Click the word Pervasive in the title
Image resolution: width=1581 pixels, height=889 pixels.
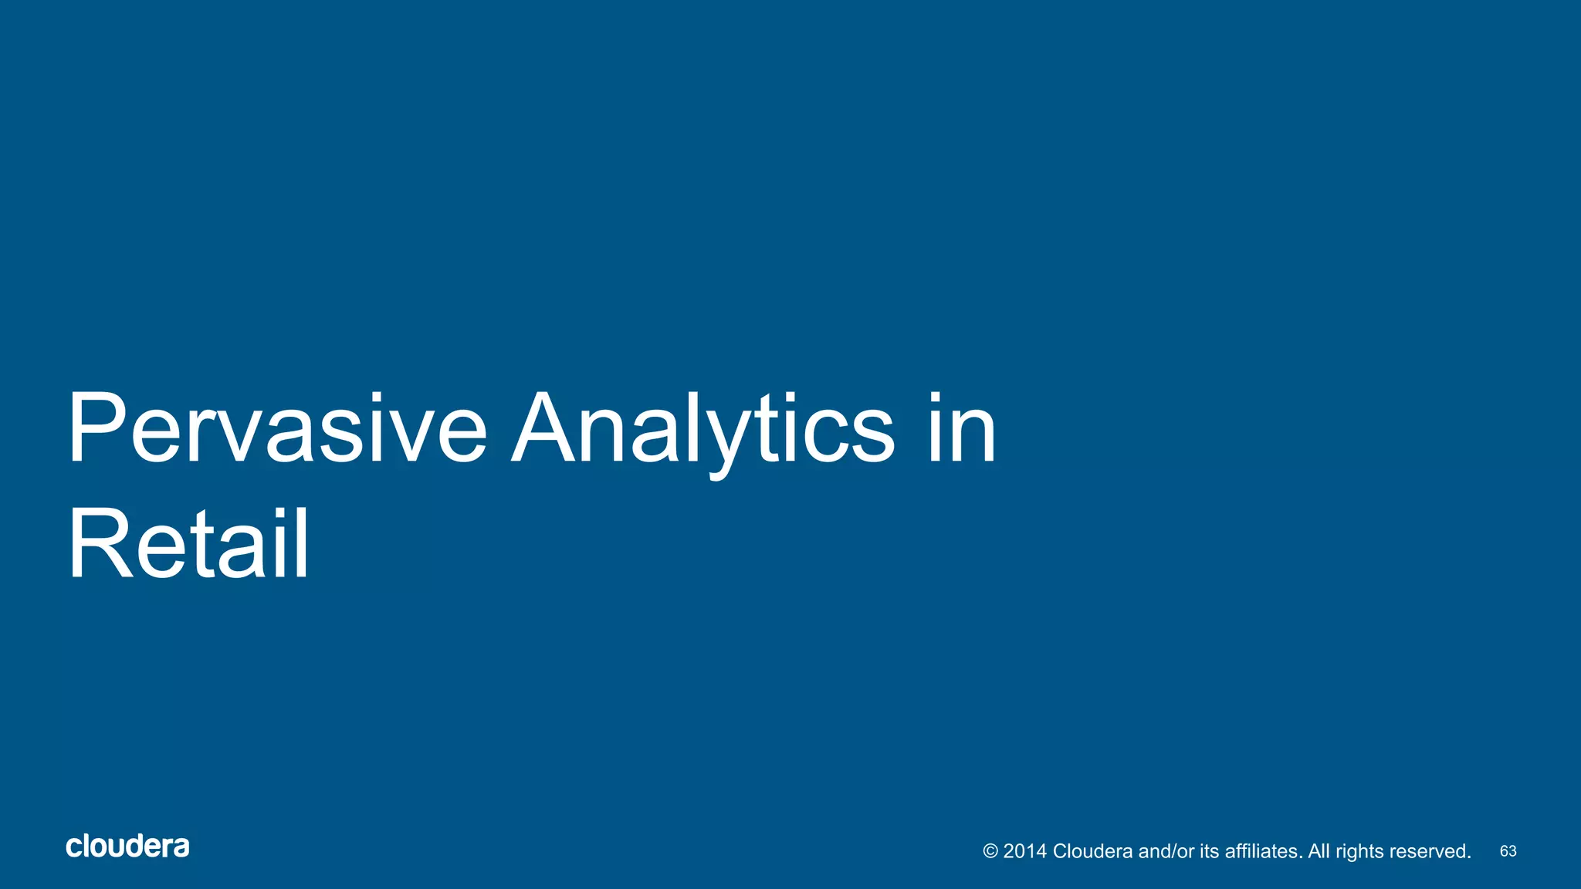coord(276,429)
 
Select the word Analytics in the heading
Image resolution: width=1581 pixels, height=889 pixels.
coord(702,429)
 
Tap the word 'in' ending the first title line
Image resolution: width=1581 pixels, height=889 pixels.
coord(962,429)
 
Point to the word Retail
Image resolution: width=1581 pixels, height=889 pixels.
coord(188,544)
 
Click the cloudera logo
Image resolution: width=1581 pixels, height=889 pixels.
coord(127,847)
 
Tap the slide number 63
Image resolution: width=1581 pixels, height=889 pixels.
coord(1508,851)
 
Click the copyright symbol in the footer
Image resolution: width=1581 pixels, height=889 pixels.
coord(990,851)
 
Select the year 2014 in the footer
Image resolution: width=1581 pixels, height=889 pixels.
coord(1024,851)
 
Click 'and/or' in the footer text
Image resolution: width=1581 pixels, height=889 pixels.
coord(1166,851)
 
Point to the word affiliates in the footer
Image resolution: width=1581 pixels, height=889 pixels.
coord(1264,851)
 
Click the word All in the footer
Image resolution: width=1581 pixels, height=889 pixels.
coord(1319,851)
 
